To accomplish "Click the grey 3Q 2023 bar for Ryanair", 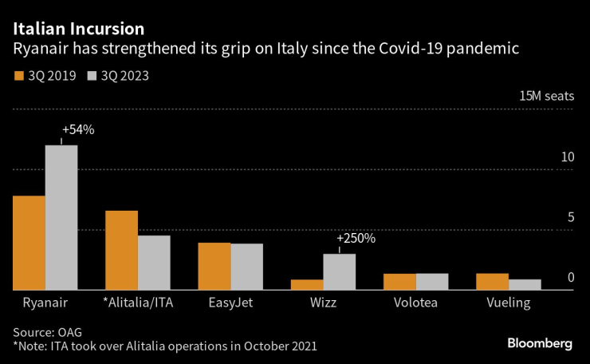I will pyautogui.click(x=61, y=217).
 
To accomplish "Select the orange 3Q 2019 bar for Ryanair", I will pyautogui.click(x=29, y=243).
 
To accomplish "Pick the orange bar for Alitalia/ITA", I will pyautogui.click(x=121, y=250).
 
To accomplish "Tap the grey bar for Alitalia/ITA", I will pyautogui.click(x=154, y=263).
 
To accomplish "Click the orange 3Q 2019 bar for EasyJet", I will pyautogui.click(x=214, y=266).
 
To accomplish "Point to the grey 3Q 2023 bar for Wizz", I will pyautogui.click(x=339, y=271).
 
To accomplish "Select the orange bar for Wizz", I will pyautogui.click(x=307, y=284).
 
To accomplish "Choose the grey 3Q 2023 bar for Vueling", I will pyautogui.click(x=525, y=284).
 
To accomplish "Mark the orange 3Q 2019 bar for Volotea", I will pyautogui.click(x=399, y=281).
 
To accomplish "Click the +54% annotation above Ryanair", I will pyautogui.click(x=78, y=129).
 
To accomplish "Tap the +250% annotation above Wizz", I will pyautogui.click(x=356, y=238).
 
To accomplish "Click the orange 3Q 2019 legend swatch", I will pyautogui.click(x=19, y=77).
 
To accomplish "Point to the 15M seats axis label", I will pyautogui.click(x=546, y=96).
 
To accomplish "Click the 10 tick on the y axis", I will pyautogui.click(x=567, y=158).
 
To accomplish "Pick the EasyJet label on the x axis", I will pyautogui.click(x=230, y=303).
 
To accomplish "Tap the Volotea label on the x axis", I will pyautogui.click(x=415, y=303).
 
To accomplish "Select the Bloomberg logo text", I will pyautogui.click(x=540, y=343).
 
